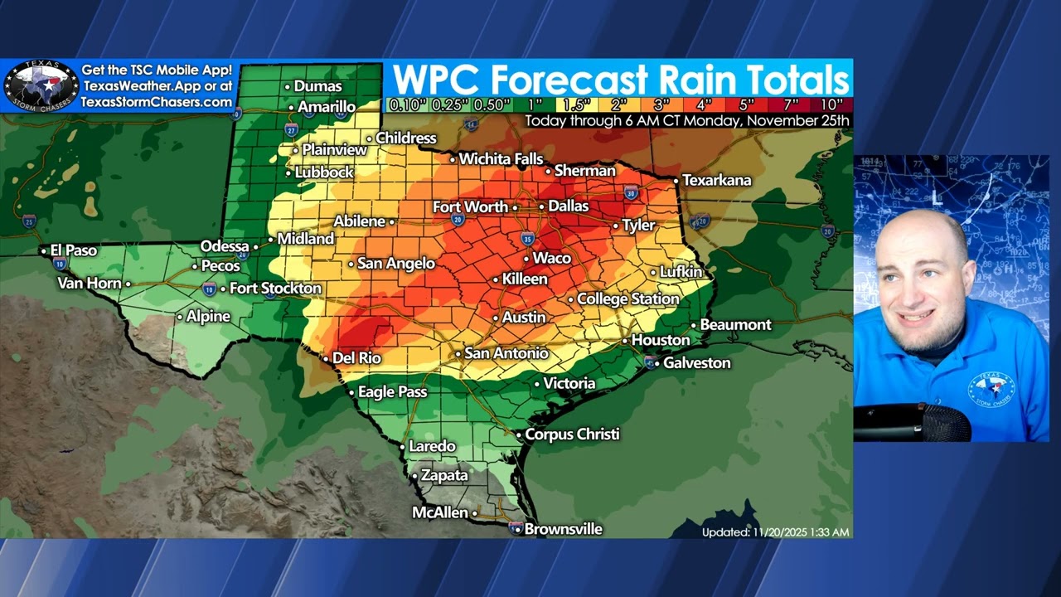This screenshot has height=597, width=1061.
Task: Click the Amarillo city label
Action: tap(327, 107)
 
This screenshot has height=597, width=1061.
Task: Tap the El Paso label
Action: tap(74, 250)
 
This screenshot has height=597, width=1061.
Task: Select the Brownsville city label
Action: tap(563, 529)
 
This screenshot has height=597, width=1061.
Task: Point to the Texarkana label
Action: tap(717, 180)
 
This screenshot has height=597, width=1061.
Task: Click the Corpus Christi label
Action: tap(572, 434)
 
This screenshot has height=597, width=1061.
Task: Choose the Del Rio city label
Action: tap(356, 358)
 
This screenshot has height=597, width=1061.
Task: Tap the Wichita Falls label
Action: tap(501, 158)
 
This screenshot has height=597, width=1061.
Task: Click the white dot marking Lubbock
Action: tap(288, 173)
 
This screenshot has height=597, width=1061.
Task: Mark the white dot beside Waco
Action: tap(526, 259)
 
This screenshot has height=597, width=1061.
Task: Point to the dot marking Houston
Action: tap(626, 341)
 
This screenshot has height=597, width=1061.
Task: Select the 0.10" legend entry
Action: tap(406, 105)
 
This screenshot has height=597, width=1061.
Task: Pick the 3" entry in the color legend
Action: tap(662, 105)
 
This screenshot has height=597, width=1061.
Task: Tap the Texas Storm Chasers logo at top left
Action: tap(41, 86)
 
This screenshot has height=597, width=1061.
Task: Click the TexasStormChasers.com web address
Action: tap(157, 102)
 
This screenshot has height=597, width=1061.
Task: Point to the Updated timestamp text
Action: tap(775, 532)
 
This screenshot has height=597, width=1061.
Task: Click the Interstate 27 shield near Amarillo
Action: tap(291, 130)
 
